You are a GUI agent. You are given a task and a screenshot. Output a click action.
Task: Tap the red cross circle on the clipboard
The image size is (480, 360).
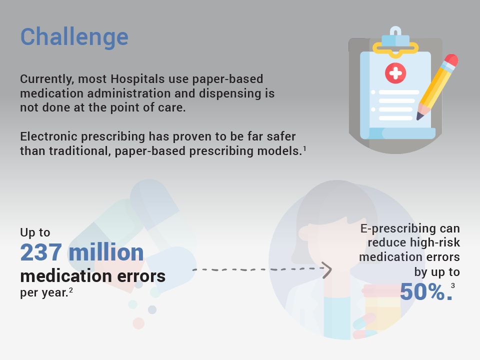(x=395, y=73)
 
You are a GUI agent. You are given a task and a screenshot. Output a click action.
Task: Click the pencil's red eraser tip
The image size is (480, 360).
(x=451, y=59)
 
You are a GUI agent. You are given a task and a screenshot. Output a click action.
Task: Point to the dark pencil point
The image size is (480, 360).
(x=419, y=116)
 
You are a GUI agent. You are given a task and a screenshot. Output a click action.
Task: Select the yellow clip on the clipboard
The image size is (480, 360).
(x=395, y=49)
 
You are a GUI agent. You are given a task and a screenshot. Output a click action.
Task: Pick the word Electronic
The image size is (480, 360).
(x=50, y=136)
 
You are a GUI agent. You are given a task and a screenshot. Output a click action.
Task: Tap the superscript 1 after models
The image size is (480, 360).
(x=304, y=149)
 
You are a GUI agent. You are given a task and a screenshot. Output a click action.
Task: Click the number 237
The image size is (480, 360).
(x=41, y=252)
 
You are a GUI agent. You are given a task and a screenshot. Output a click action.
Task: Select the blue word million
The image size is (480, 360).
(x=106, y=252)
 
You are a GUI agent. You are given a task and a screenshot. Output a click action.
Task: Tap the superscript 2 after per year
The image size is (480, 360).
(x=71, y=289)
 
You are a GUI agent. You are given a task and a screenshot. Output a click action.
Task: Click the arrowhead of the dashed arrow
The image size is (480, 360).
(x=327, y=270)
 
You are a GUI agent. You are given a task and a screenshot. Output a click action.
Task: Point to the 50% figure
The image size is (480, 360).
(x=426, y=291)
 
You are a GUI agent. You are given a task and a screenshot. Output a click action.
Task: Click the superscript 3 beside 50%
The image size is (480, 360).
(x=453, y=286)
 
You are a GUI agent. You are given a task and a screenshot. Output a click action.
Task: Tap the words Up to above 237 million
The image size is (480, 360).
(x=35, y=232)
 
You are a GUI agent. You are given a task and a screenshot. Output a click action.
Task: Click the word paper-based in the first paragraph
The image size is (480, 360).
(x=227, y=79)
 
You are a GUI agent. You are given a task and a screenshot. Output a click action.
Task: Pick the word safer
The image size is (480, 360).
(x=281, y=136)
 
